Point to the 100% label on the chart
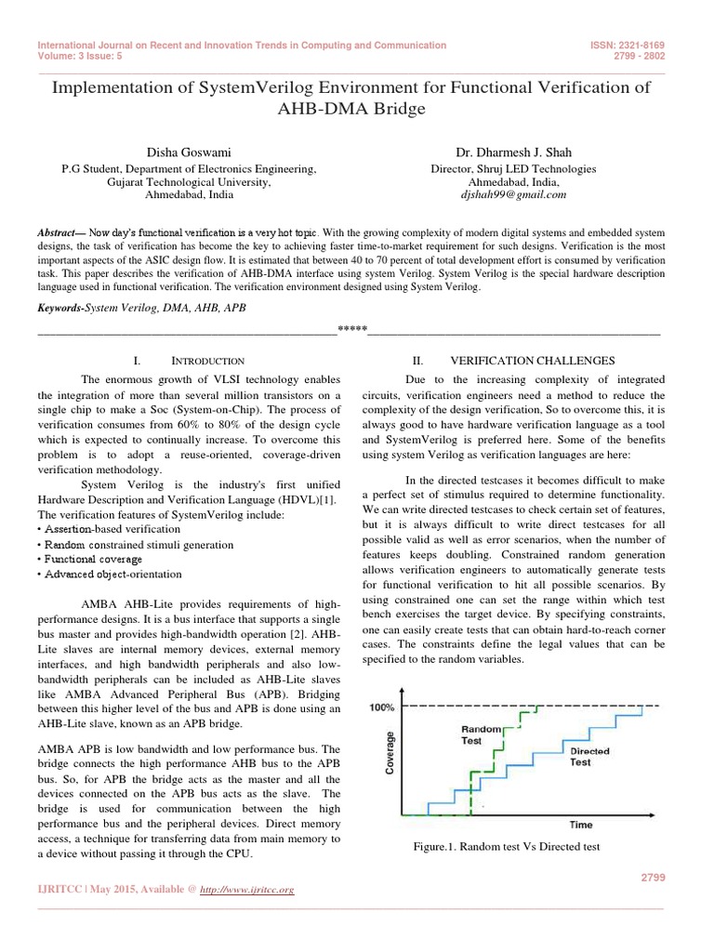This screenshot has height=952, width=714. (x=382, y=707)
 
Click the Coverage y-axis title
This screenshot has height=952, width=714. (x=390, y=753)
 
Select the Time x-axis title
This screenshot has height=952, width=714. (x=581, y=824)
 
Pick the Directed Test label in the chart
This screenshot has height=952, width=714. (x=589, y=756)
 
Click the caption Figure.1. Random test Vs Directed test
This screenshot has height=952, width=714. (x=508, y=847)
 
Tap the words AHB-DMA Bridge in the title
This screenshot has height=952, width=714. (x=357, y=109)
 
